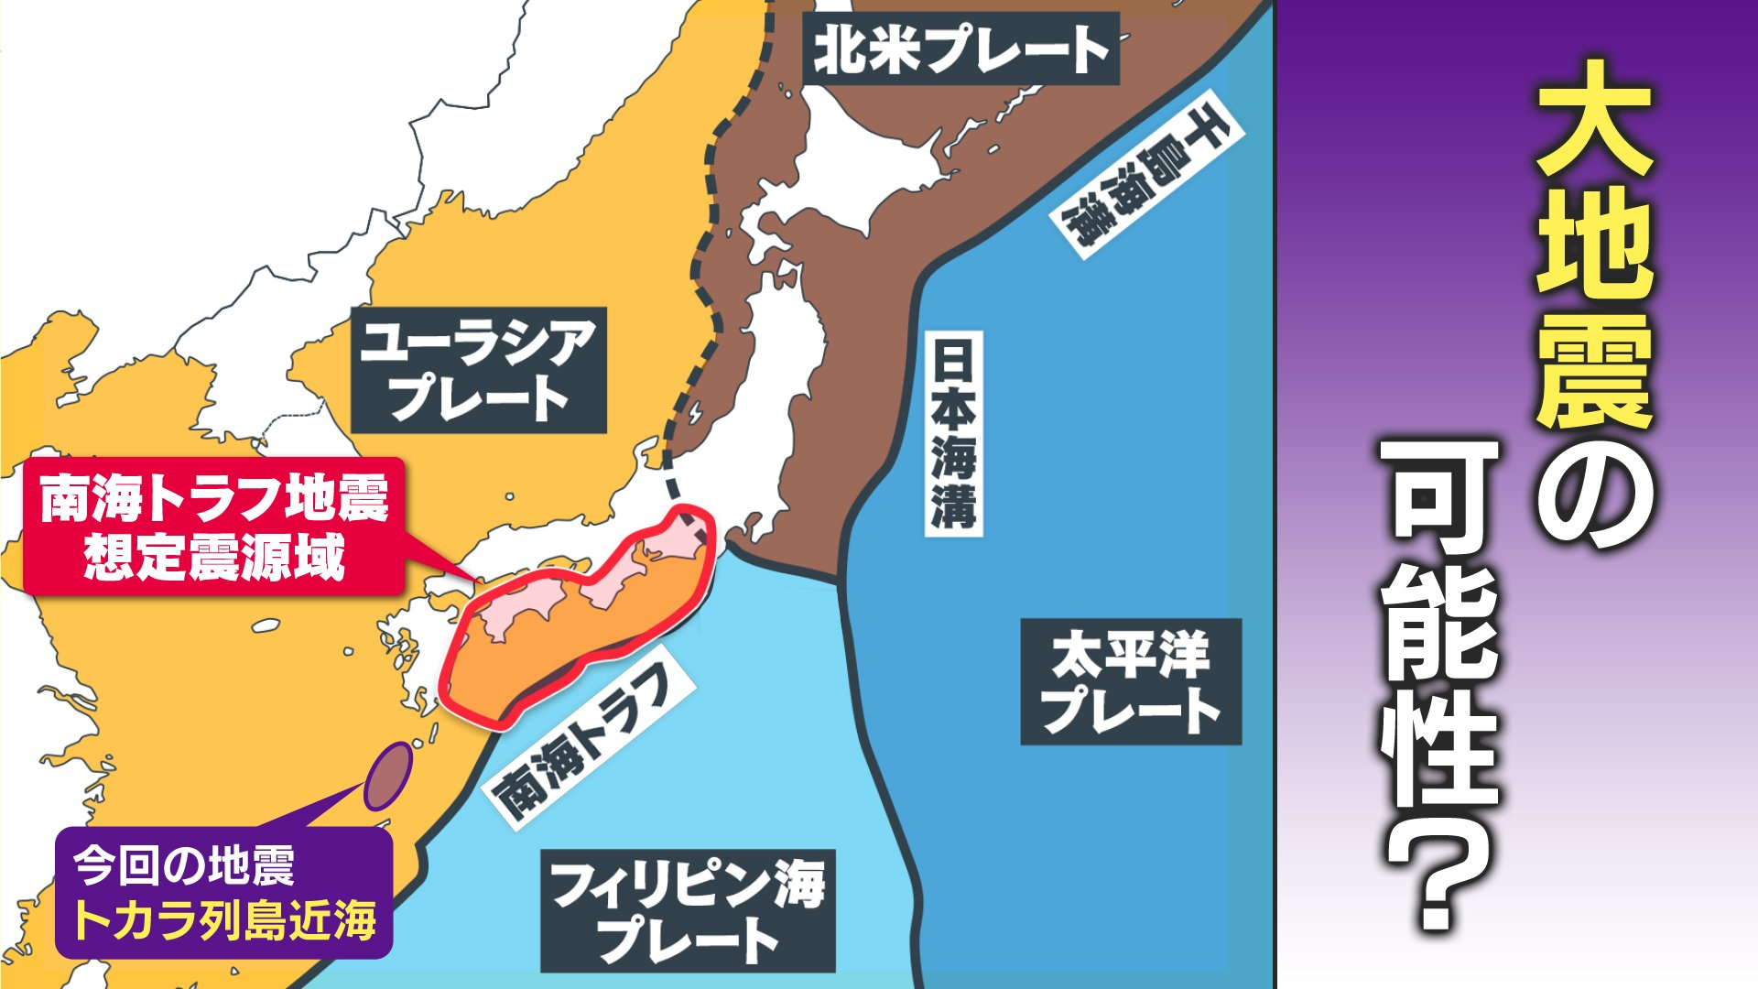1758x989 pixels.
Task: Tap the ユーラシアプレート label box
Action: tap(478, 370)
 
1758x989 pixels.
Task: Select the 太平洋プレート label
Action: tap(1131, 681)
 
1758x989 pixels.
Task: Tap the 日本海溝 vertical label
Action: tap(953, 433)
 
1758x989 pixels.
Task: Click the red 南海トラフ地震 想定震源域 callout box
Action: tap(213, 527)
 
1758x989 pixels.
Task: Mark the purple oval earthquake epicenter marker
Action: tap(388, 776)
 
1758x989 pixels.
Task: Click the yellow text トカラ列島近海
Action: tap(224, 920)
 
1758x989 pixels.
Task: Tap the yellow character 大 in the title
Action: tap(1593, 119)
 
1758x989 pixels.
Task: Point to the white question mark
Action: tap(1439, 870)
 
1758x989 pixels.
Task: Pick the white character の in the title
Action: tap(1593, 494)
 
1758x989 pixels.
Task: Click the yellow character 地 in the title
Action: tap(1593, 245)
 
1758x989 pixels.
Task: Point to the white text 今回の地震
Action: tap(183, 865)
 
